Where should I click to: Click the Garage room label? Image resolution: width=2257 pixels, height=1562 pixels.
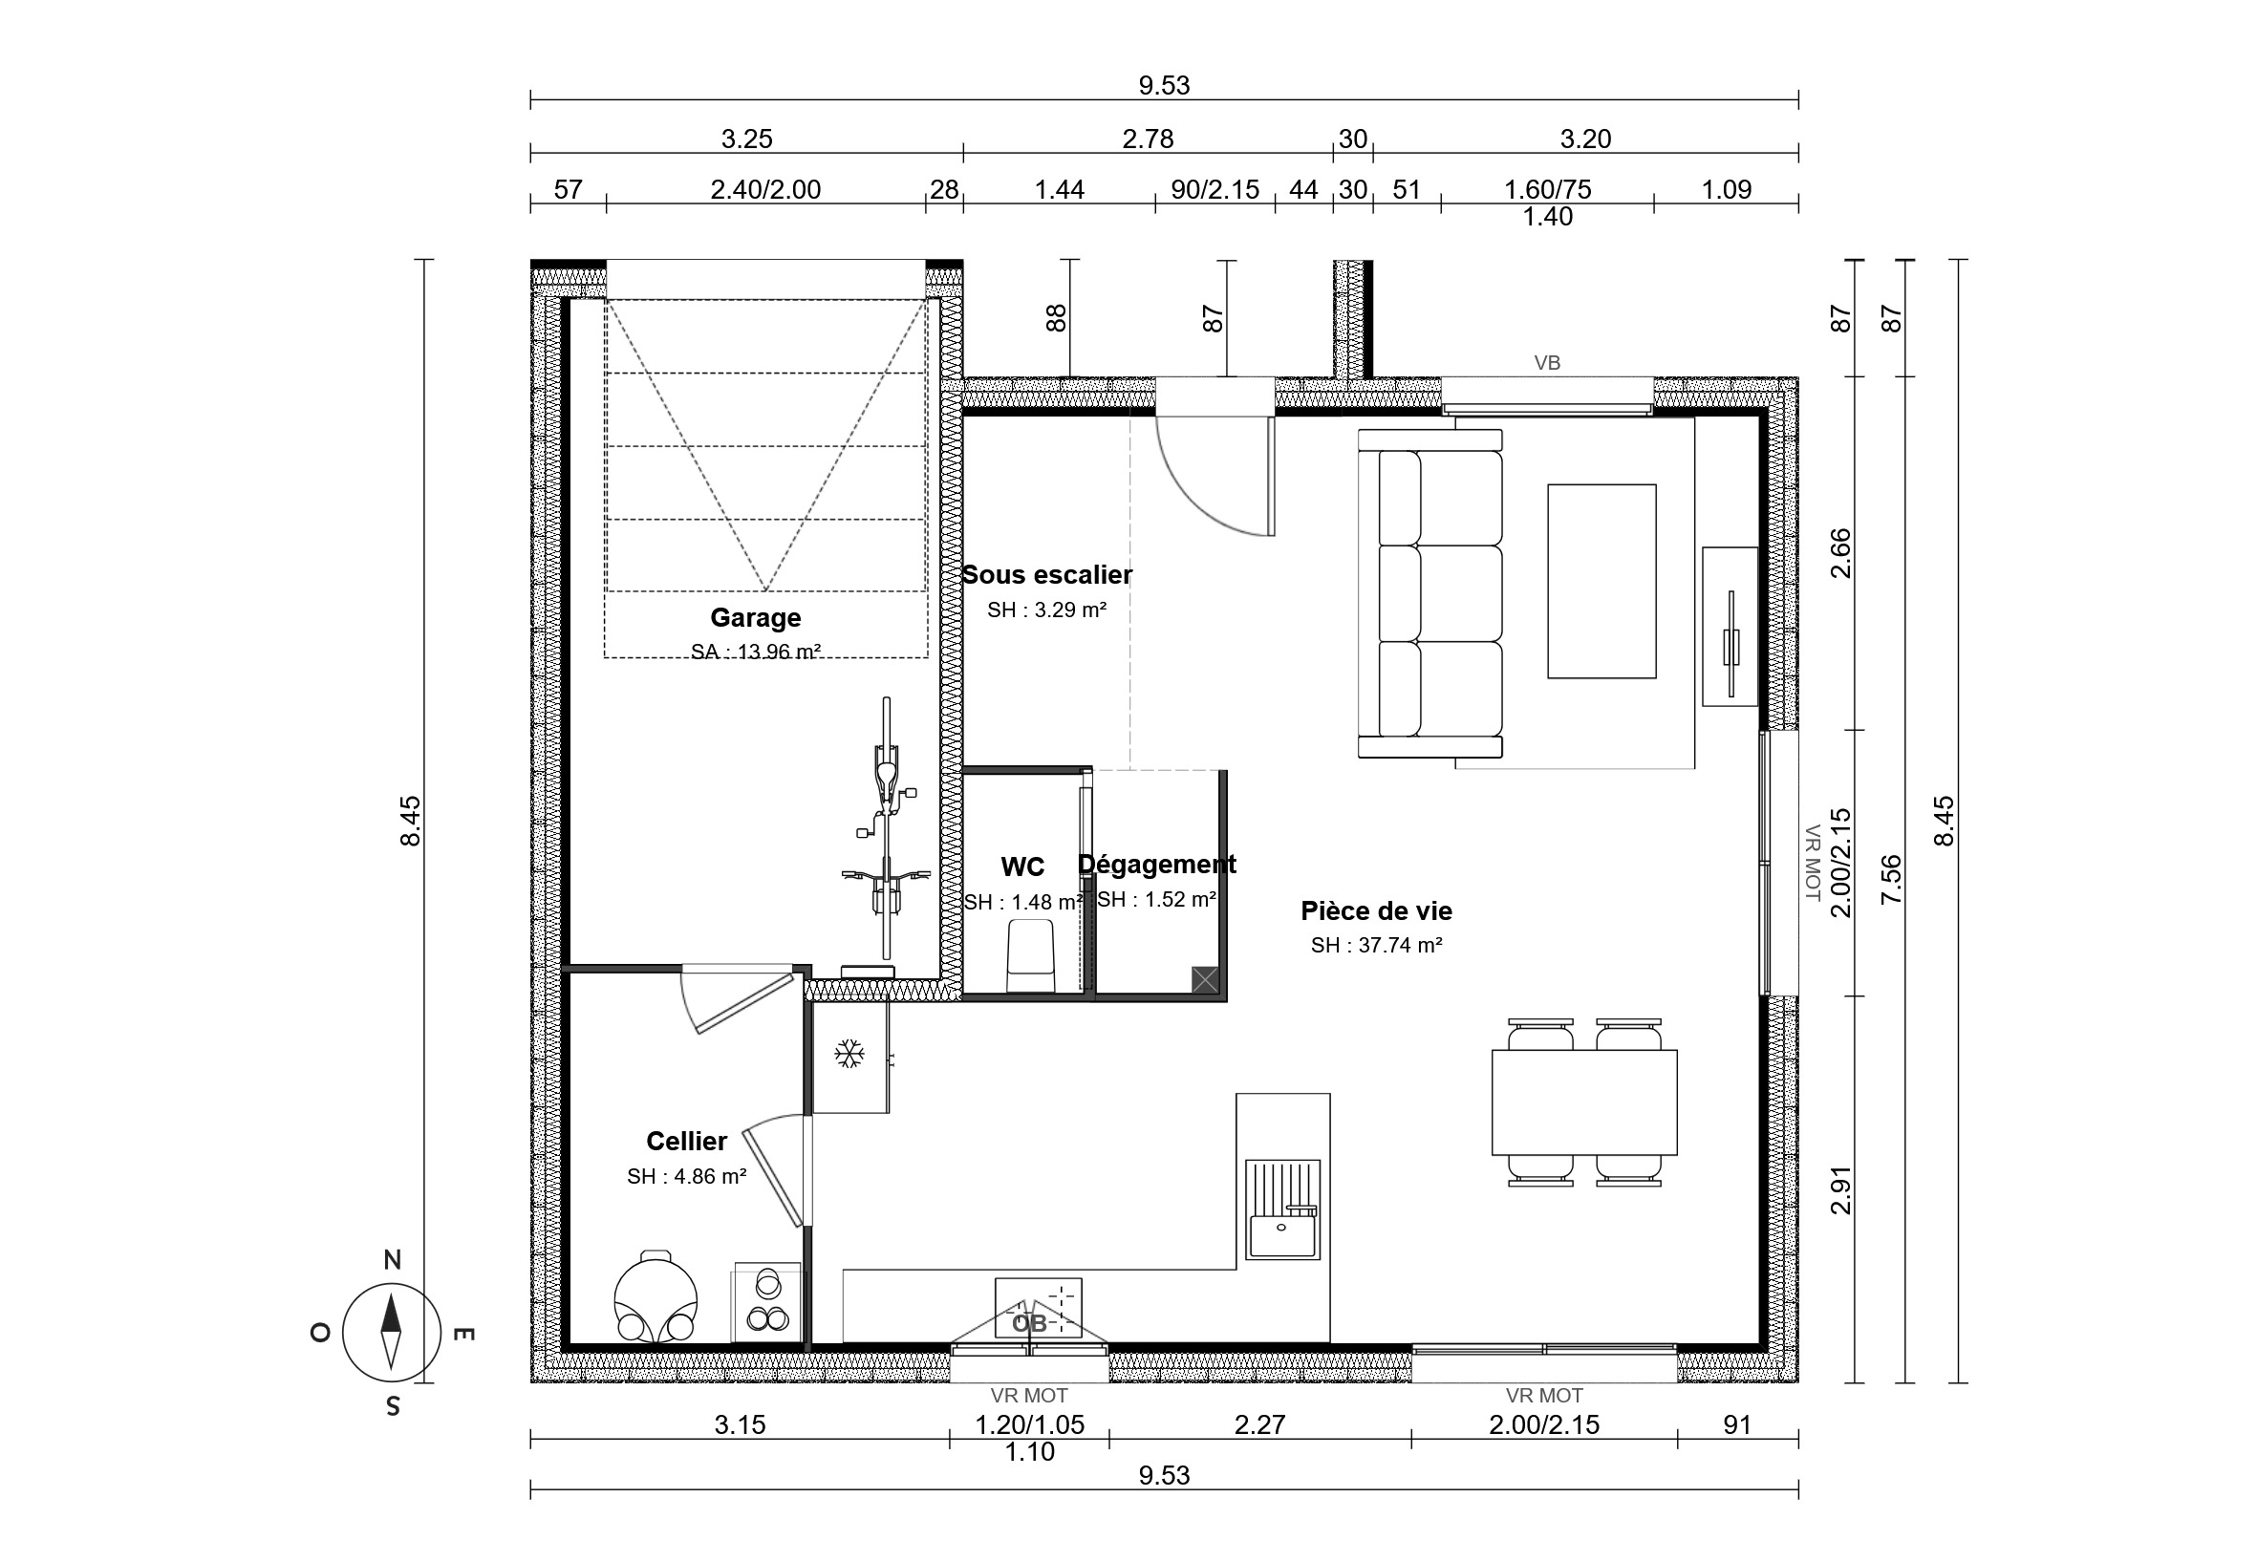click(756, 617)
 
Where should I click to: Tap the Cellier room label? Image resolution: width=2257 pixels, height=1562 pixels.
click(686, 1141)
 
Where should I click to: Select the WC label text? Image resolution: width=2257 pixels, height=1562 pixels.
click(1022, 867)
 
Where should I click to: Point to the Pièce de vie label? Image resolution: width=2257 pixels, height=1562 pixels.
click(1376, 911)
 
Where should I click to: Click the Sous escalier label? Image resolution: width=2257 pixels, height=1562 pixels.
click(1046, 574)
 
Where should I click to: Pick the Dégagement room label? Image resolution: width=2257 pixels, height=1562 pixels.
click(1157, 865)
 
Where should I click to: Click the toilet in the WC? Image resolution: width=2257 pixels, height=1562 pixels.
click(1030, 955)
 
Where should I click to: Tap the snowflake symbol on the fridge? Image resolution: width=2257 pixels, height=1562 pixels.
click(849, 1054)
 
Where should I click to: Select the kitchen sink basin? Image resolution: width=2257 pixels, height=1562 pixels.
click(1282, 1236)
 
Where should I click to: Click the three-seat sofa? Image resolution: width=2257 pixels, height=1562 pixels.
click(1429, 593)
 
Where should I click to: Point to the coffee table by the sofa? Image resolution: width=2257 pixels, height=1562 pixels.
click(1601, 582)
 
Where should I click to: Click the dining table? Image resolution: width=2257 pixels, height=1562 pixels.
click(1584, 1102)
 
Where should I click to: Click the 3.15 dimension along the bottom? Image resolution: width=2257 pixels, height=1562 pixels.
click(740, 1425)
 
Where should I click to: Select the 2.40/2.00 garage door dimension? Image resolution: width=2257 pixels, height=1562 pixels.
click(765, 190)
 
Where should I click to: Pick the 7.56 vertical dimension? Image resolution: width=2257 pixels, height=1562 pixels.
click(1891, 879)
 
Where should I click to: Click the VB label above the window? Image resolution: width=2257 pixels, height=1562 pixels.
click(1547, 363)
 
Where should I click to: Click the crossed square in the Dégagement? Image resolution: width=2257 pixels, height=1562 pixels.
click(1205, 979)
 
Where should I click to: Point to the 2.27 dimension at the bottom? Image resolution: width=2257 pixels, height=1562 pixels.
click(1259, 1425)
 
